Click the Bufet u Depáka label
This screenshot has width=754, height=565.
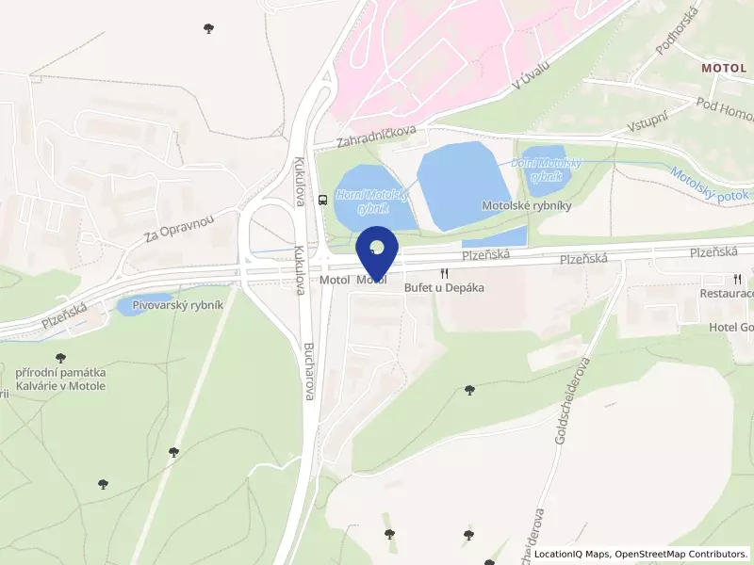pyautogui.click(x=444, y=287)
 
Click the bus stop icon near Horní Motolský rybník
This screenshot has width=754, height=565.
pyautogui.click(x=323, y=199)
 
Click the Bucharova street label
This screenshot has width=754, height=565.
pyautogui.click(x=308, y=371)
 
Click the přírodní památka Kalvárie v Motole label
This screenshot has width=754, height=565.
pyautogui.click(x=60, y=379)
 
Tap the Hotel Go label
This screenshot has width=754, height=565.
pyautogui.click(x=731, y=328)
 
